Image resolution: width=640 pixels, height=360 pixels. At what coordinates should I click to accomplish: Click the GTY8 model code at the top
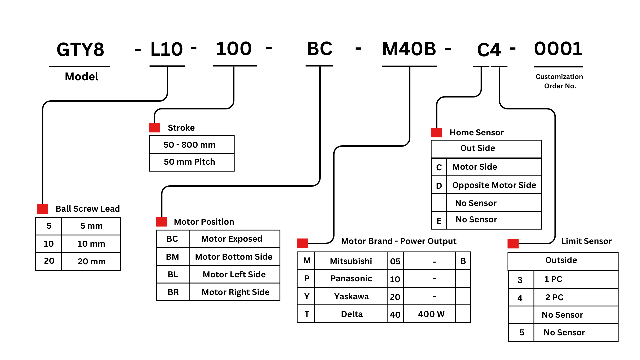click(x=80, y=50)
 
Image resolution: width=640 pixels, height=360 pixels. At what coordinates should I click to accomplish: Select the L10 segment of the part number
click(x=167, y=49)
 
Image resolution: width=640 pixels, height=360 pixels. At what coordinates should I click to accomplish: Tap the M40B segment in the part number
click(x=409, y=49)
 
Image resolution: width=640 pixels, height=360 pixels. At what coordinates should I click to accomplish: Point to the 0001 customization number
click(x=558, y=49)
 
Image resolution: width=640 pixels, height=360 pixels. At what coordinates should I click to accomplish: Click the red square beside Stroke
click(x=154, y=128)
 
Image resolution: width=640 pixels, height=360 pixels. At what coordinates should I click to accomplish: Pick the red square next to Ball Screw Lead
click(x=43, y=209)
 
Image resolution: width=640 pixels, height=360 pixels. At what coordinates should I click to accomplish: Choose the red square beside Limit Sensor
click(x=513, y=244)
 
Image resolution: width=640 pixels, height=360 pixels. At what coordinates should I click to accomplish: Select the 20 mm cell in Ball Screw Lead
click(x=92, y=261)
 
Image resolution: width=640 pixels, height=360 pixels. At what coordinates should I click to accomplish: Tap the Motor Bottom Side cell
click(x=234, y=257)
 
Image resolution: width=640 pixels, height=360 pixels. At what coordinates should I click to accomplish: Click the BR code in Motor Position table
click(x=173, y=292)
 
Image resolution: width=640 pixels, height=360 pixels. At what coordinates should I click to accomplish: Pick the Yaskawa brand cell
click(x=351, y=296)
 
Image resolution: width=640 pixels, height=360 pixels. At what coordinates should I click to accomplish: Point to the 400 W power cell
click(x=431, y=314)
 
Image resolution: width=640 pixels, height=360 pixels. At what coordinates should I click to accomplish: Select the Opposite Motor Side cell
click(x=494, y=185)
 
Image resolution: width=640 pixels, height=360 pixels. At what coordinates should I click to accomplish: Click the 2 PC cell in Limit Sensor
click(x=554, y=297)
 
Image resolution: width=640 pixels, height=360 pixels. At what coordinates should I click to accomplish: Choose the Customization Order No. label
click(x=559, y=81)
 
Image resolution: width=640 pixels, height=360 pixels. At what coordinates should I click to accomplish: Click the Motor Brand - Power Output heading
click(x=399, y=241)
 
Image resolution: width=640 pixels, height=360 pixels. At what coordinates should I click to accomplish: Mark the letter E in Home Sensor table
click(x=439, y=221)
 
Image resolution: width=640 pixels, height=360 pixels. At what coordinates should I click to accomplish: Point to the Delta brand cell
click(x=352, y=314)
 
